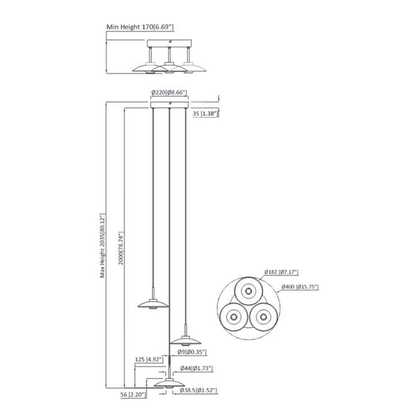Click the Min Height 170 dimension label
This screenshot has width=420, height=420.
(x=140, y=27)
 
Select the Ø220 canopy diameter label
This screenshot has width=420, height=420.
(x=170, y=92)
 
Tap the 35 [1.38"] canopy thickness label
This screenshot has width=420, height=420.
(x=205, y=113)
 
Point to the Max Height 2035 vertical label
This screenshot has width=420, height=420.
(x=103, y=246)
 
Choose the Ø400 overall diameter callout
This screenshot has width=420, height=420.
(x=298, y=287)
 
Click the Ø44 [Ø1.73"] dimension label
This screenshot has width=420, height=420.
(x=194, y=368)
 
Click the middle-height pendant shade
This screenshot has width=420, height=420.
(x=185, y=341)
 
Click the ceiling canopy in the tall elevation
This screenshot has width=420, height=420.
(x=170, y=105)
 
